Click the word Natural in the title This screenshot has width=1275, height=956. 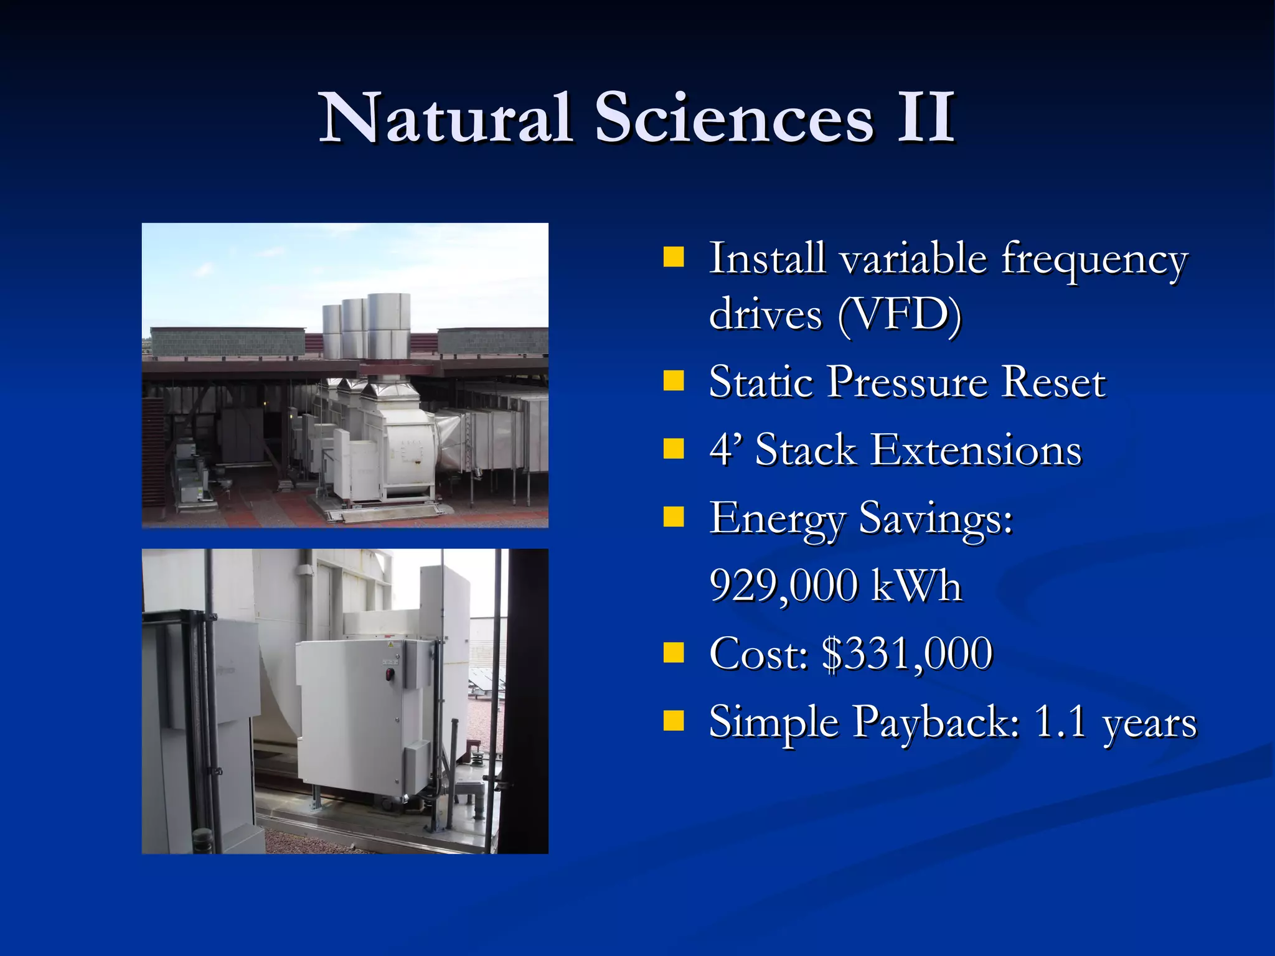(445, 118)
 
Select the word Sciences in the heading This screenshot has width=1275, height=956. (734, 118)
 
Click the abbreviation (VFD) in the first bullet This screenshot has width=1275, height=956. (900, 315)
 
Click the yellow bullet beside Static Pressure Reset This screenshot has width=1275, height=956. (673, 380)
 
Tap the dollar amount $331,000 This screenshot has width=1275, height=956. (907, 654)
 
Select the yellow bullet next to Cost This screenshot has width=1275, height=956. (673, 654)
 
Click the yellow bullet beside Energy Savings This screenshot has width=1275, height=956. (673, 517)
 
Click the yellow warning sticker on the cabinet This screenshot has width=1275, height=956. (391, 645)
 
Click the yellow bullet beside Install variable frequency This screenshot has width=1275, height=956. (673, 257)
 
